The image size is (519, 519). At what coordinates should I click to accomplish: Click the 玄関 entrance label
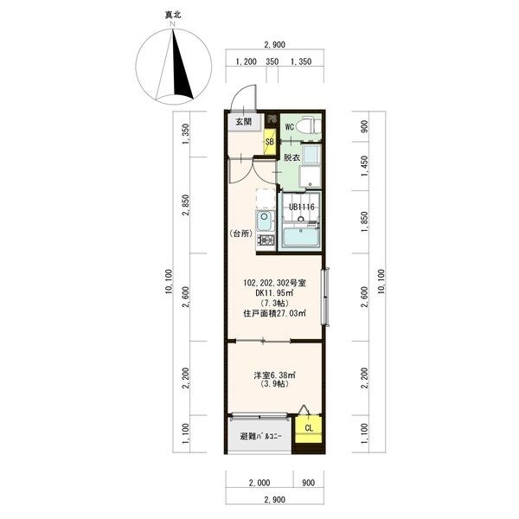point(244,122)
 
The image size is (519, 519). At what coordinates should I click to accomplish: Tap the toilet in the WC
point(309,126)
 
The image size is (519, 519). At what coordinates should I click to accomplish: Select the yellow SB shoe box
point(270,141)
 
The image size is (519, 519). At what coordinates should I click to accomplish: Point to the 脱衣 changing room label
point(292,157)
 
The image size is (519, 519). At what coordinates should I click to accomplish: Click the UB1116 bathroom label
point(302,208)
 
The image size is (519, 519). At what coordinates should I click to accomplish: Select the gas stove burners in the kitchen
point(266,240)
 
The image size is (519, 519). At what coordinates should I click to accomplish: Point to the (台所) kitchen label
point(241,234)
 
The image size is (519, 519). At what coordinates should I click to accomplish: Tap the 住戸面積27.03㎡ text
point(274,313)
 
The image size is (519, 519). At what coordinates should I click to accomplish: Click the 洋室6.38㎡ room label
point(274,375)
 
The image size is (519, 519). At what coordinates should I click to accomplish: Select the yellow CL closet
point(309,429)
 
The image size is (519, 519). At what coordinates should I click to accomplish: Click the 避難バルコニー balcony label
point(261,437)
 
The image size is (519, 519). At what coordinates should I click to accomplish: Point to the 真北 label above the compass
point(173,16)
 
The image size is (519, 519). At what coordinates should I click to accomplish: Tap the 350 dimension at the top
point(272,61)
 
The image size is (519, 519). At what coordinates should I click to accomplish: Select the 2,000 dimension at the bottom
point(259,483)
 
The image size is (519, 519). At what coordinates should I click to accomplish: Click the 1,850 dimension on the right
point(364,221)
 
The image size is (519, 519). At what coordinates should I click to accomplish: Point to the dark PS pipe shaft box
point(272,119)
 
